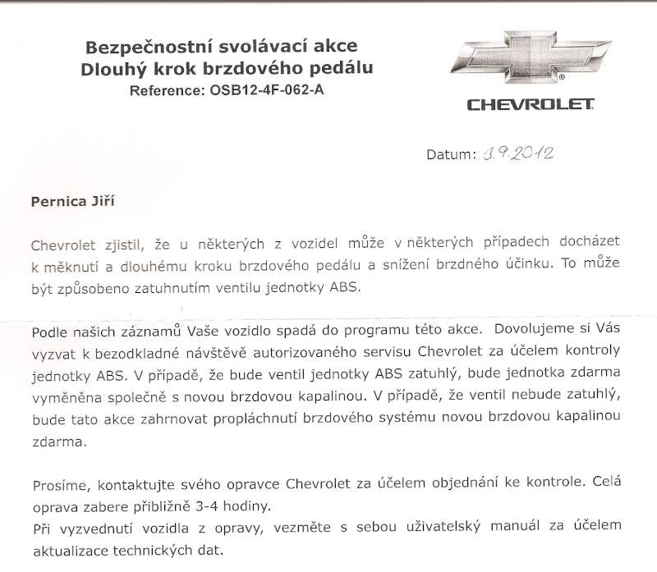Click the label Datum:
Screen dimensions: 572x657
point(451,154)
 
